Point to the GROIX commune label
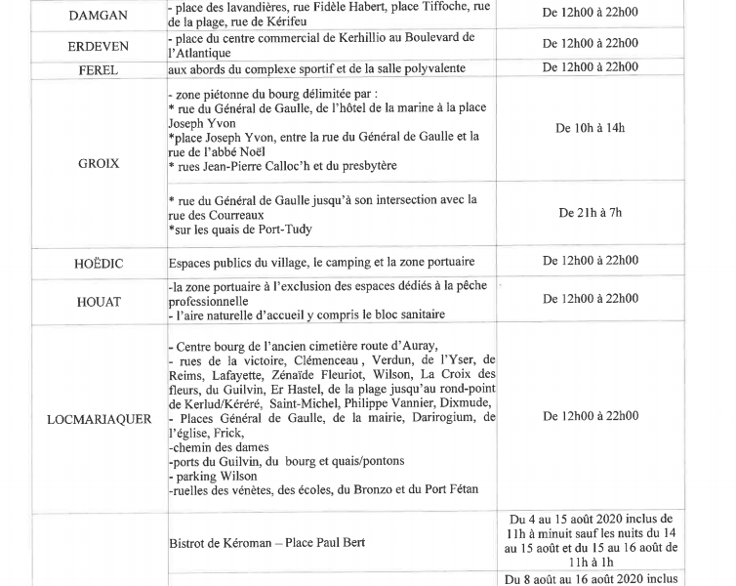click(99, 163)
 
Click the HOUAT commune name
click(98, 302)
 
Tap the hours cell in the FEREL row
click(590, 67)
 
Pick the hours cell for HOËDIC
click(590, 261)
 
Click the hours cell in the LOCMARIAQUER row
click(590, 415)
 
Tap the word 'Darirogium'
click(425, 418)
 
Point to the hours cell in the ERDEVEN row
click(590, 43)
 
